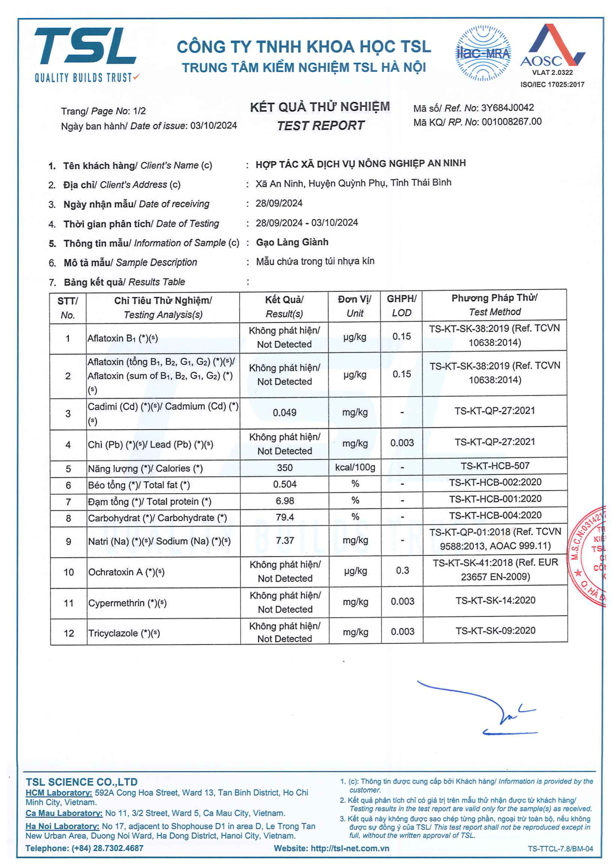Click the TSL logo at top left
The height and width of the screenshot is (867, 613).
[x=85, y=53]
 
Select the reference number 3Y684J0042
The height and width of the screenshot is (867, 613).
[x=507, y=108]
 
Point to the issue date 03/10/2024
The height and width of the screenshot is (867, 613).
[x=213, y=125]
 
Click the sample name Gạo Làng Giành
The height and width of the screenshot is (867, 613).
[x=292, y=242]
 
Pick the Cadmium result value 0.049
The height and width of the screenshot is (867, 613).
[x=284, y=413]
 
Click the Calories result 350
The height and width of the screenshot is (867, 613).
[x=284, y=467]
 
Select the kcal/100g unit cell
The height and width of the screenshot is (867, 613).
[x=355, y=467]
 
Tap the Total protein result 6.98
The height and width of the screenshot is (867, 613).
[x=284, y=501]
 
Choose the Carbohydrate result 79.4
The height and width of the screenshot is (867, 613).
[x=284, y=517]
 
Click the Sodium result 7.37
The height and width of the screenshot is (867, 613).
[x=284, y=541]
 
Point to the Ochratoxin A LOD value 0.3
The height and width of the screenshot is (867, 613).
[x=402, y=570]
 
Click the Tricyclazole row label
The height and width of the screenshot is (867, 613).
[x=124, y=633]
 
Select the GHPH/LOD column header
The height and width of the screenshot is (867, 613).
[x=401, y=305]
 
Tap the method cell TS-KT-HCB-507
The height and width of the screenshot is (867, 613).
[x=495, y=466]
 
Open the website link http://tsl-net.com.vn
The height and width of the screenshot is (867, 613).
[x=350, y=848]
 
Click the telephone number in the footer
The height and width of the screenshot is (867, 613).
[x=107, y=848]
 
